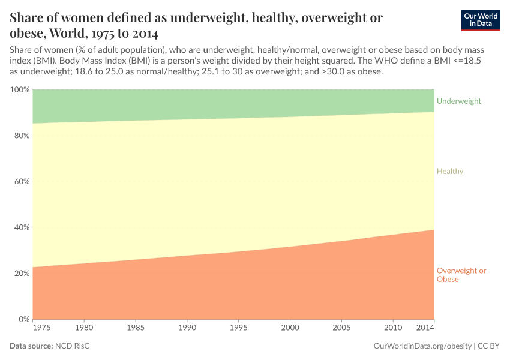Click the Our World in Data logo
[x=480, y=20]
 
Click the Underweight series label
[x=459, y=101]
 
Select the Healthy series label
[x=450, y=172]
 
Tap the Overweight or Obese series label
[x=461, y=275]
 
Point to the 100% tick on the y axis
[x=20, y=90]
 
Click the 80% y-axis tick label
[x=21, y=136]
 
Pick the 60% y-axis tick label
[x=21, y=182]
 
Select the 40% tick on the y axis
[x=21, y=227]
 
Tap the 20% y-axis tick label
[x=21, y=274]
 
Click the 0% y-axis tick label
[x=23, y=319]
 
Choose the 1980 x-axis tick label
[x=84, y=329]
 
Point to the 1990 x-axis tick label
[x=187, y=329]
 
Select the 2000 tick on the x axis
[x=290, y=329]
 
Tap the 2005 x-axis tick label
[x=341, y=329]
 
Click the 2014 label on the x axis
[x=425, y=329]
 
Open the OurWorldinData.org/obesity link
[x=422, y=346]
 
